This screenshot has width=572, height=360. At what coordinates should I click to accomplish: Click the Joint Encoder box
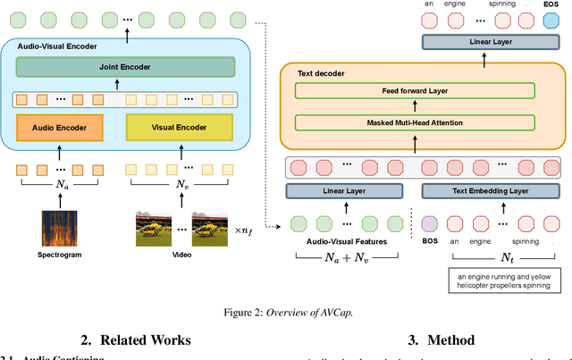tap(124, 66)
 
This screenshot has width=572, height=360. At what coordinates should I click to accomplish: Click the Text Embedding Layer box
tap(485, 190)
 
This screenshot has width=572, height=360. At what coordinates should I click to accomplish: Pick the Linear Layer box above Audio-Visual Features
tap(344, 190)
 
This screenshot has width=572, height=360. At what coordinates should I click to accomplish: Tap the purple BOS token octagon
tap(430, 223)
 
